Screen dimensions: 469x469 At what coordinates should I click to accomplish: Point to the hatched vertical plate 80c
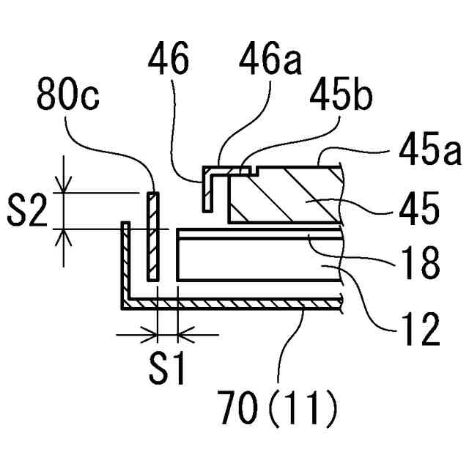(152, 236)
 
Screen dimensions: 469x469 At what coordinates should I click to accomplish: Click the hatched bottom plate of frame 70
(234, 302)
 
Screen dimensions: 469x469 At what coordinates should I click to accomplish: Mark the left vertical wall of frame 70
(125, 264)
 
